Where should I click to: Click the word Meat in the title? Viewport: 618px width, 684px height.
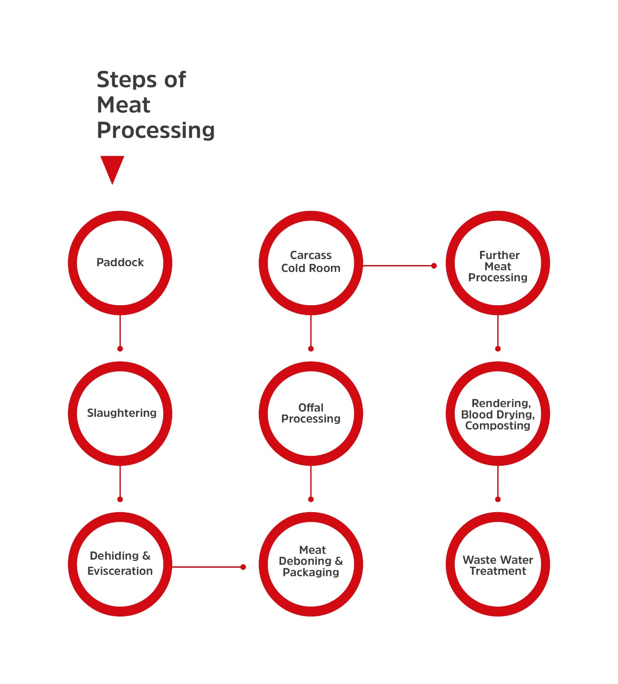pos(123,105)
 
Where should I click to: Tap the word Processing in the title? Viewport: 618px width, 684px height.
pos(156,131)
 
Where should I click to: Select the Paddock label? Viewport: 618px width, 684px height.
pos(120,262)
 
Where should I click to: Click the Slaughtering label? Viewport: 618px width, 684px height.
pos(122,413)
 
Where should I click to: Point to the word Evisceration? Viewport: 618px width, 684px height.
pos(120,571)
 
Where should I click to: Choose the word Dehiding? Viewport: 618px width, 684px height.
pos(114,556)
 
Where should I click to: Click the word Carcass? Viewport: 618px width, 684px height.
pos(311,255)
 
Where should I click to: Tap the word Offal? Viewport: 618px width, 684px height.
pos(311,407)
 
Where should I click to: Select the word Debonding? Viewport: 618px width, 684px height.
pos(305,561)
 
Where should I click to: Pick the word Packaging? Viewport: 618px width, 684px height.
pos(311,572)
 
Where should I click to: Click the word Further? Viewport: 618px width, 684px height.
pos(499,255)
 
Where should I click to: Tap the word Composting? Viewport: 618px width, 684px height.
pos(498,426)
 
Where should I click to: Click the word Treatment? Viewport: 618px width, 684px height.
pos(498,571)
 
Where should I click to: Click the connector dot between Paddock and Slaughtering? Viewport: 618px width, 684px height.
pos(120,349)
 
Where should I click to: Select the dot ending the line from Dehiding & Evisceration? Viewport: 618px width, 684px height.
pos(243,567)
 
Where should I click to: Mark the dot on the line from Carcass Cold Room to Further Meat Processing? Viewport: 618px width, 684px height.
pos(434,266)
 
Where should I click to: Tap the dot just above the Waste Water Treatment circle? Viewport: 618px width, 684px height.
pos(498,499)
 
